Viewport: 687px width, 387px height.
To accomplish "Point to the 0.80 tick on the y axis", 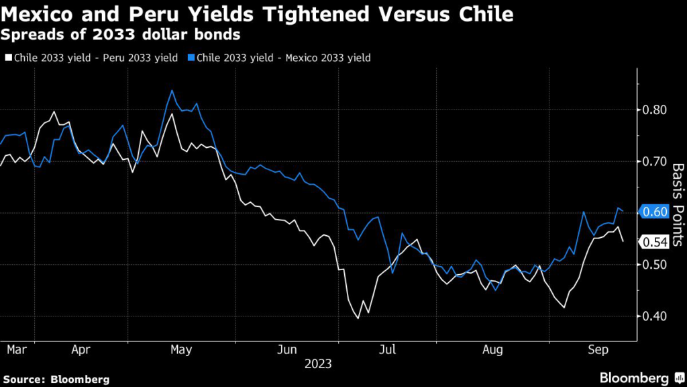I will coord(656,110).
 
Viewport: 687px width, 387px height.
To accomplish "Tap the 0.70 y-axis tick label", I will coord(656,161).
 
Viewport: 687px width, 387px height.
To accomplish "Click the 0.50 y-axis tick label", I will coord(656,265).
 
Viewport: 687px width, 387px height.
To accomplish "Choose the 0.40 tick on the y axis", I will coord(656,316).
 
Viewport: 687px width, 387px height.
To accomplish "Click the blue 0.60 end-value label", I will coord(655,212).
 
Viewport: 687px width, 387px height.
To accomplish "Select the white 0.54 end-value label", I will coord(655,242).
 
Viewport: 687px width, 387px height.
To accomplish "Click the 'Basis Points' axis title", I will coord(678,205).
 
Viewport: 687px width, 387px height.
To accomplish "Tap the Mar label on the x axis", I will coord(17,350).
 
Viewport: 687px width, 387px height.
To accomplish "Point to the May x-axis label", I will coord(182,350).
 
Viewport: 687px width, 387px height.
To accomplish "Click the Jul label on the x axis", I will coord(388,350).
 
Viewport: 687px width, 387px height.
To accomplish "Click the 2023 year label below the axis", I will coord(318,364).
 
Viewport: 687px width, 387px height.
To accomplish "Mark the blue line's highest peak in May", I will coord(172,90).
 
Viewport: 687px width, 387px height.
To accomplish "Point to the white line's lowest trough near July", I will coord(358,318).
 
